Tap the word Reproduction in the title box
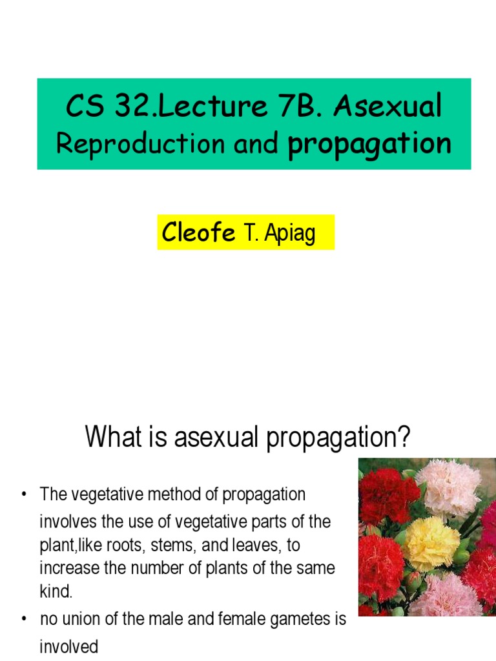click(x=141, y=145)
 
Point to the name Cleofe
click(x=199, y=232)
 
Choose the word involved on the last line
click(x=68, y=646)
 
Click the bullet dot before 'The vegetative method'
click(x=24, y=496)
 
